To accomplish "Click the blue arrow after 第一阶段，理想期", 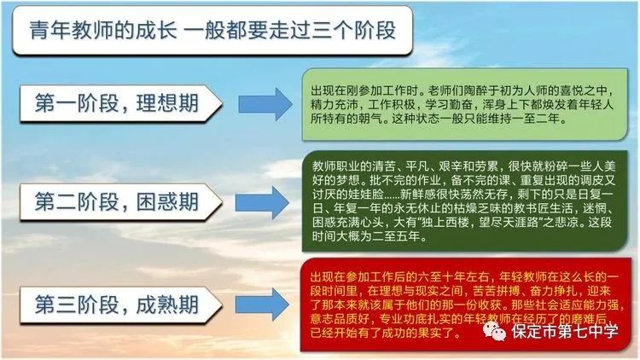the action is (x=265, y=104).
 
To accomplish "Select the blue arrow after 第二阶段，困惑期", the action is (x=262, y=202).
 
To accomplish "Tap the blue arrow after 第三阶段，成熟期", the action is (x=262, y=305).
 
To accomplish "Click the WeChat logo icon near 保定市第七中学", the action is (x=494, y=331).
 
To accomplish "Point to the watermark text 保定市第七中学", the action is (x=565, y=331).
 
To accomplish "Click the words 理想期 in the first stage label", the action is (x=167, y=103).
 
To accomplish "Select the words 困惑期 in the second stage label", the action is (x=167, y=201).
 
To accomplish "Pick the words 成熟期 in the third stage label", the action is (x=167, y=305).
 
